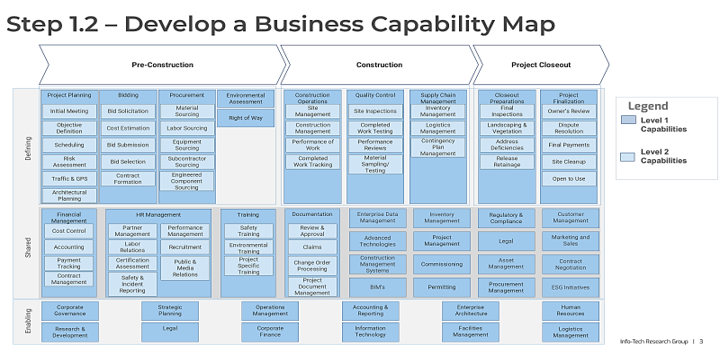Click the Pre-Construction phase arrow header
coord(160,65)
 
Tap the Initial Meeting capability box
coord(69,112)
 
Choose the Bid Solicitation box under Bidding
coord(128,112)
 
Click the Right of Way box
coord(245,118)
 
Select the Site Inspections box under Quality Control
coord(375,112)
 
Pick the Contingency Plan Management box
coord(438,146)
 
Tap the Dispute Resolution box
coord(569,127)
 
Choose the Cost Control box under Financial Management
coord(69,231)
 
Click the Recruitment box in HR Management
coord(185,247)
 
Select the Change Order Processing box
coord(312,266)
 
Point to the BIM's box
coord(375,287)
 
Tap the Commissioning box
coord(441,265)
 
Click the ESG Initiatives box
coord(569,287)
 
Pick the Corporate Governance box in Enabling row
coord(69,310)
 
